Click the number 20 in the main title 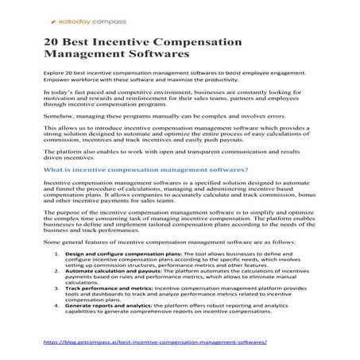[52, 41]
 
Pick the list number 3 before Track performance [57, 288]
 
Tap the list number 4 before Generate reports [57, 305]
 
